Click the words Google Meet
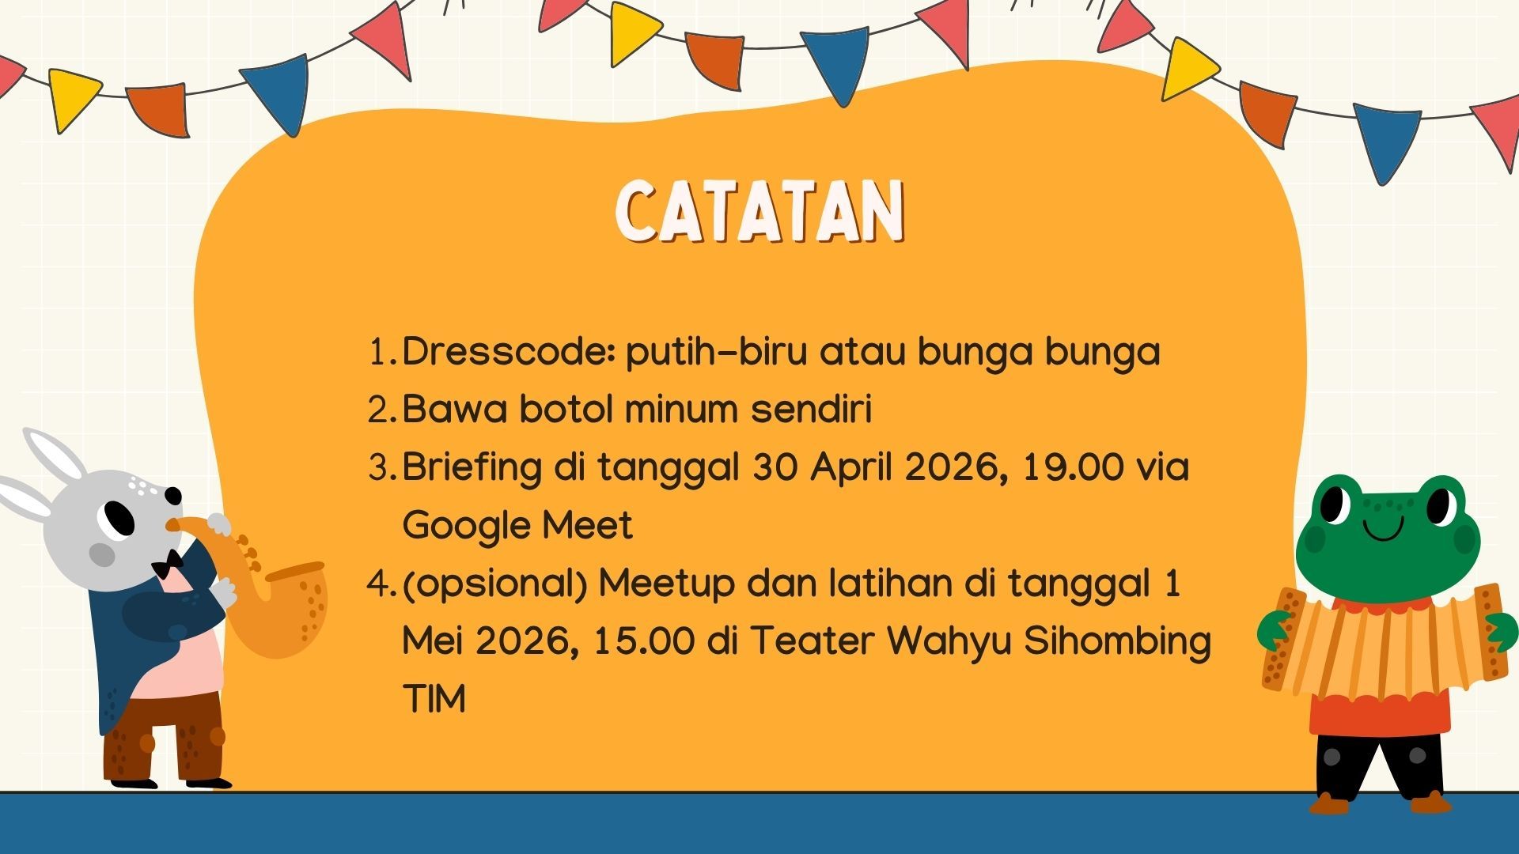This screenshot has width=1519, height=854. click(x=517, y=526)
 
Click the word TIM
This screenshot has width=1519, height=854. click(x=434, y=699)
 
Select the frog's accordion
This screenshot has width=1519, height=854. click(x=1381, y=640)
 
